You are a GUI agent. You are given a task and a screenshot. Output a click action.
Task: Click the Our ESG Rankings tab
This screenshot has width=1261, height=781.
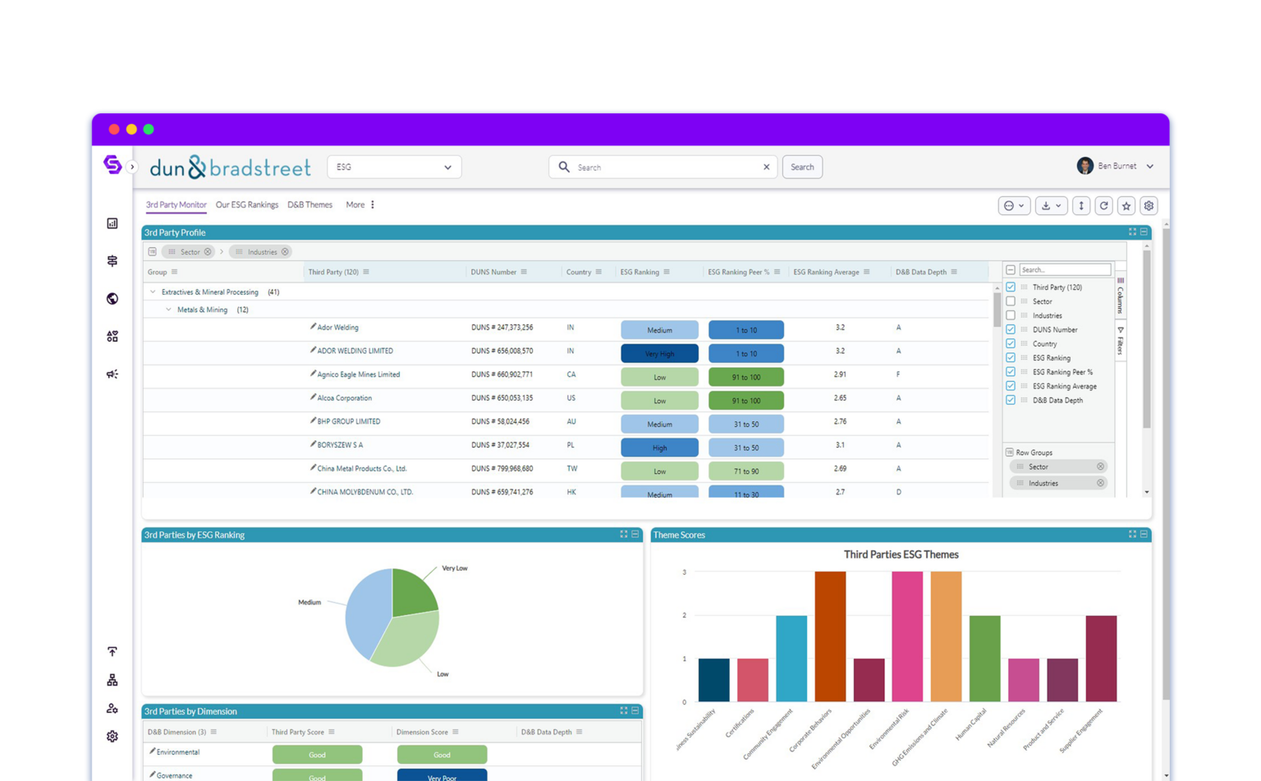[246, 205]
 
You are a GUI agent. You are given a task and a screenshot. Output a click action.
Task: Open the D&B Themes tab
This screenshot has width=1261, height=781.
[310, 205]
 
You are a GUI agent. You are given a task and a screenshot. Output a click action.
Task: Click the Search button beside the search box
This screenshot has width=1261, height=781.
[802, 168]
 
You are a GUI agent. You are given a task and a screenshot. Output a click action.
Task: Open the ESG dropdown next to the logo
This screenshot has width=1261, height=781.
[394, 168]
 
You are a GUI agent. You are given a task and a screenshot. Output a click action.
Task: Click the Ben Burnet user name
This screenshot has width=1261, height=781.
[1117, 166]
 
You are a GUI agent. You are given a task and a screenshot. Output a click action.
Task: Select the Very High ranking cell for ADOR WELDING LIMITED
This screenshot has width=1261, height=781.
[659, 354]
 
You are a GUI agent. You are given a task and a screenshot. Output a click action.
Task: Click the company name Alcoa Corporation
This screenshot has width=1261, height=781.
[344, 398]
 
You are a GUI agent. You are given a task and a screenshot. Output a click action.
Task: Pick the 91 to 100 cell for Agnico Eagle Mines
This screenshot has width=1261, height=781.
[745, 378]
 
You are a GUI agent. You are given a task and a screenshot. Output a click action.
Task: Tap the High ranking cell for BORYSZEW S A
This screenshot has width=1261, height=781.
[659, 448]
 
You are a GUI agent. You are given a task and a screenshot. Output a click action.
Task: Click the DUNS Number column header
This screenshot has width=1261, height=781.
[493, 273]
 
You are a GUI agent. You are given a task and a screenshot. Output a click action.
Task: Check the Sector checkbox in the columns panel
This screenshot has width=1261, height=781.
[1011, 301]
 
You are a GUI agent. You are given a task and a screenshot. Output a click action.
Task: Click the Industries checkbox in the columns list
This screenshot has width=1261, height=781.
[1011, 315]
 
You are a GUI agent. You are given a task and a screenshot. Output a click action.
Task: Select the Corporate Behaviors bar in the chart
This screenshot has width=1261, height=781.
[830, 636]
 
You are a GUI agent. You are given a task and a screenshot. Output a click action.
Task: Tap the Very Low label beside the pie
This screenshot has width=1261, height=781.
[454, 568]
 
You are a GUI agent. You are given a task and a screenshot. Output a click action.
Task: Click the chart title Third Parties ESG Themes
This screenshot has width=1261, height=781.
[901, 555]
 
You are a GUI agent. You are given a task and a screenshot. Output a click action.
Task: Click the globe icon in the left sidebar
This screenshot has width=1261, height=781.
[112, 299]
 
